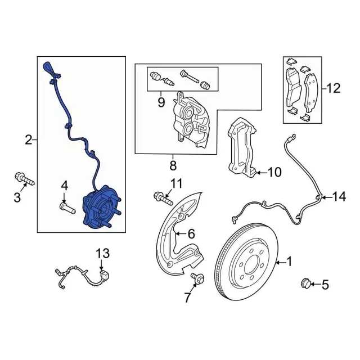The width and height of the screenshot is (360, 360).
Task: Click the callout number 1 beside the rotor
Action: [290, 261]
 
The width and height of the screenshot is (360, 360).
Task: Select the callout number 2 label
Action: [29, 140]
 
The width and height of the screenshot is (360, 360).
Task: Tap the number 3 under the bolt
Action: [17, 197]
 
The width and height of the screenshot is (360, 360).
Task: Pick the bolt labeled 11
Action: [163, 197]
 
